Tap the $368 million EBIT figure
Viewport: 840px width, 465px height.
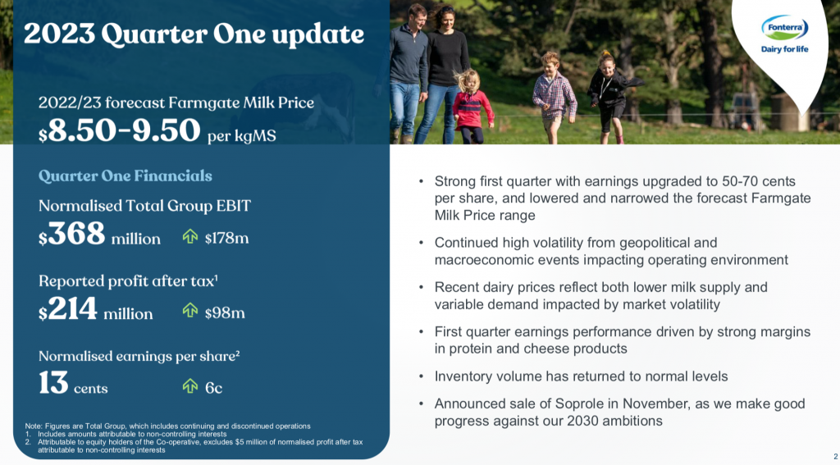click(x=99, y=235)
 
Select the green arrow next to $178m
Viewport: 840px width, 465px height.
click(x=190, y=236)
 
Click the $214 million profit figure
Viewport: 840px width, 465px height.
click(x=95, y=311)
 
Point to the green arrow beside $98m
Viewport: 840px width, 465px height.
click(x=190, y=310)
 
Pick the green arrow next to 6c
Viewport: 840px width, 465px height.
click(x=190, y=385)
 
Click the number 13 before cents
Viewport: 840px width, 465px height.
click(x=53, y=384)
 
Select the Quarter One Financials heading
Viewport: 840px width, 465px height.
click(x=126, y=176)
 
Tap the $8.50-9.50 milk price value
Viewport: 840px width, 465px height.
click(x=119, y=130)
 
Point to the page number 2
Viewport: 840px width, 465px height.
click(x=836, y=457)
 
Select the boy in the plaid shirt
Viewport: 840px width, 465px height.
click(x=554, y=97)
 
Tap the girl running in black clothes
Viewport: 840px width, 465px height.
click(x=610, y=97)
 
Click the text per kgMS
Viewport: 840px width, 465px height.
click(x=242, y=135)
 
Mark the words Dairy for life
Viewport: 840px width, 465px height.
click(x=784, y=49)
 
